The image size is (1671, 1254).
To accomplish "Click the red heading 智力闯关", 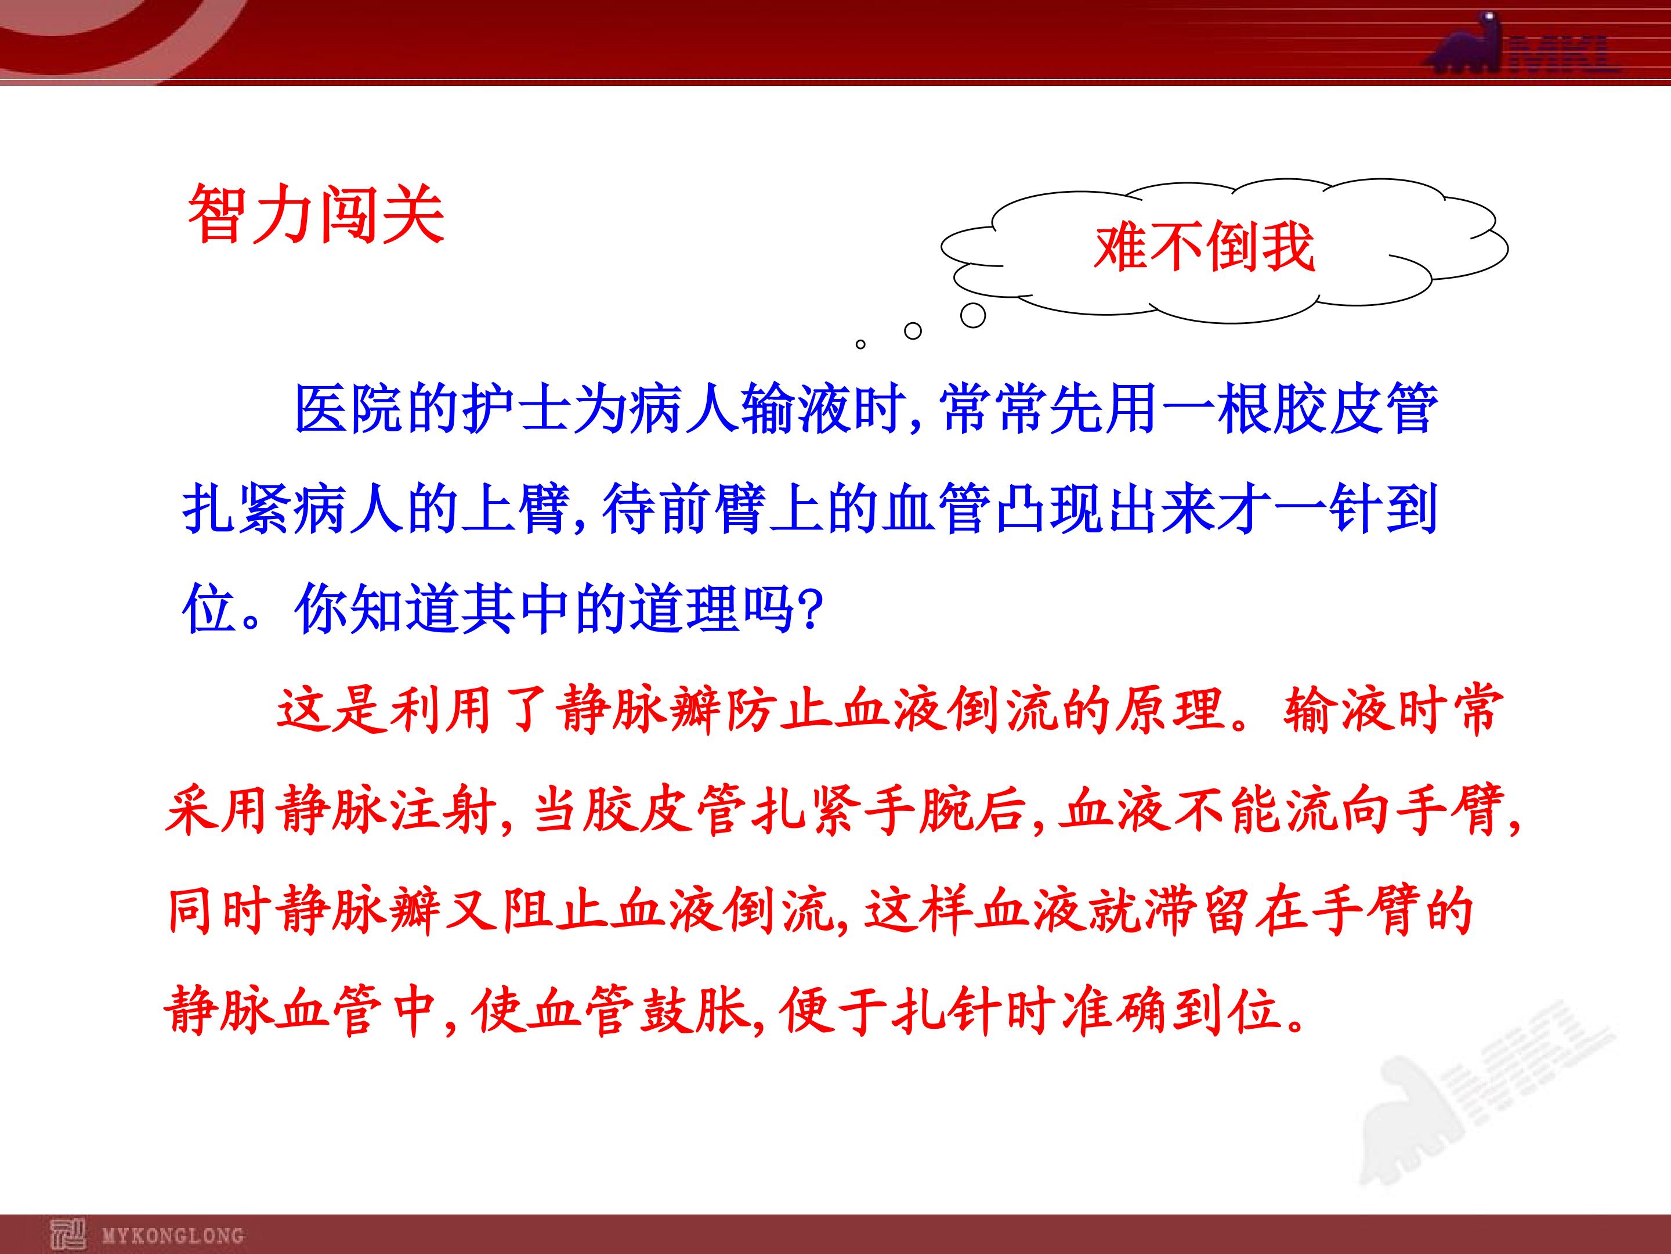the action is pyautogui.click(x=315, y=213).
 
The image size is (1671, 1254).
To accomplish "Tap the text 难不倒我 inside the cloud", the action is pyautogui.click(x=1204, y=246).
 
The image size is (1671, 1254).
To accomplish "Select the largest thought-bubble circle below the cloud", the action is pyautogui.click(x=973, y=315).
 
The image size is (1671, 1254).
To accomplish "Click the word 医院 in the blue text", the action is pyautogui.click(x=350, y=409).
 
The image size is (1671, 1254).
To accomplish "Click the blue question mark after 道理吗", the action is pyautogui.click(x=810, y=609).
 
